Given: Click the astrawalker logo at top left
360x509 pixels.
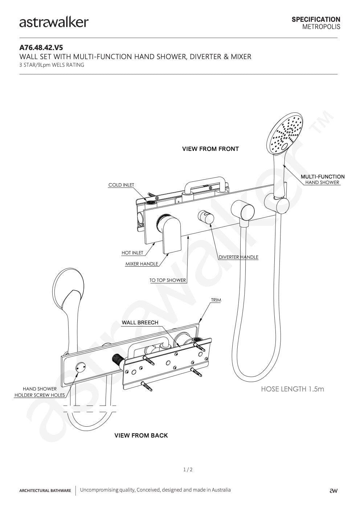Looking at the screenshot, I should [x=54, y=22].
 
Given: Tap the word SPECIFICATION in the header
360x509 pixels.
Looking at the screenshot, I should [x=316, y=19].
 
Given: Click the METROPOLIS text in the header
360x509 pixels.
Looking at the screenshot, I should [x=321, y=27].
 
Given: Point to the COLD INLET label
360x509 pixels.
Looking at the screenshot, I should [x=121, y=185].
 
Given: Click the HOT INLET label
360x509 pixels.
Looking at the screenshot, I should [x=132, y=253].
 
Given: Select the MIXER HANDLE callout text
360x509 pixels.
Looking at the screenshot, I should [x=142, y=264].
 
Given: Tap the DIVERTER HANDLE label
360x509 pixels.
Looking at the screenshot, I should [x=238, y=257].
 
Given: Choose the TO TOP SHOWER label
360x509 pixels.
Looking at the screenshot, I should [x=168, y=280].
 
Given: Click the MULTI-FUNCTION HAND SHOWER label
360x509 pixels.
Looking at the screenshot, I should [x=322, y=180].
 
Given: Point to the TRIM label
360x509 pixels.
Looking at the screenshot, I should [x=216, y=300].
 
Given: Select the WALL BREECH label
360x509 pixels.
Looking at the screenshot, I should [x=140, y=323].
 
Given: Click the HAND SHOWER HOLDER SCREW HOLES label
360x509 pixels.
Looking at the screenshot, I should [x=40, y=392].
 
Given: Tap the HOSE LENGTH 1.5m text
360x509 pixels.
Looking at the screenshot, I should [x=292, y=389].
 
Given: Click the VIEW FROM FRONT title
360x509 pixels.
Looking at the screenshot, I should [x=210, y=149].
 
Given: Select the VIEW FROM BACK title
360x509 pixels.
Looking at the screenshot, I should [x=141, y=435].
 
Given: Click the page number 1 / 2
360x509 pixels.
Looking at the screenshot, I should [x=188, y=469].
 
